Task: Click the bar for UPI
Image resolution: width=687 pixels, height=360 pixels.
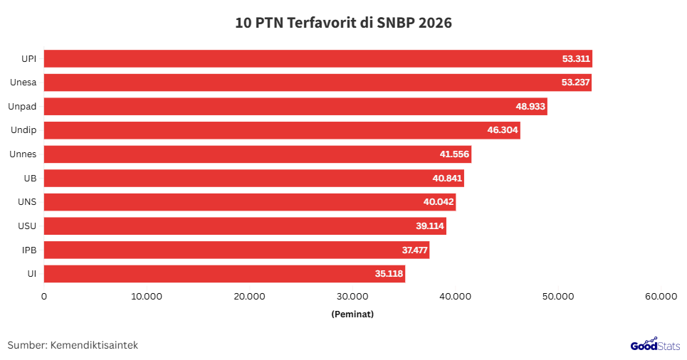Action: click(x=318, y=59)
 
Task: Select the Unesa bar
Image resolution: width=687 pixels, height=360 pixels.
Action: click(x=318, y=83)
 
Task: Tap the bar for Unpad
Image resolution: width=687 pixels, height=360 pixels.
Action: click(x=295, y=107)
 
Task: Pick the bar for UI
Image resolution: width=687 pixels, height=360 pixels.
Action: click(x=225, y=274)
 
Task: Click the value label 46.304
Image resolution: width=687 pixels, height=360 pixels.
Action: click(x=503, y=130)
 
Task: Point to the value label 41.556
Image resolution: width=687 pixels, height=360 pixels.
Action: click(x=454, y=154)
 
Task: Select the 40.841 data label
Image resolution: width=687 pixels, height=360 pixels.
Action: click(x=447, y=179)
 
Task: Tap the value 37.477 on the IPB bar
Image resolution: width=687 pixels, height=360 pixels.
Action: click(x=413, y=250)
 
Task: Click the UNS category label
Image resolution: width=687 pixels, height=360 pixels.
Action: click(x=27, y=202)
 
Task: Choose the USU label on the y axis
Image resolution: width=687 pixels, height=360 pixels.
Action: click(x=27, y=226)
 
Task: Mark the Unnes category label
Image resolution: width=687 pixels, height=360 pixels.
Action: click(x=23, y=154)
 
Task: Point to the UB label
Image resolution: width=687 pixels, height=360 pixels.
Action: click(x=30, y=179)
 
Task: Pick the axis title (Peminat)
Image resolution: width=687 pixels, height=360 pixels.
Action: click(x=352, y=313)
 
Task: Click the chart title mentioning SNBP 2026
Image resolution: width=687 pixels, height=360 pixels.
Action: click(x=344, y=23)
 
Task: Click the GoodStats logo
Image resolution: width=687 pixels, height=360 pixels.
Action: click(x=655, y=344)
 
